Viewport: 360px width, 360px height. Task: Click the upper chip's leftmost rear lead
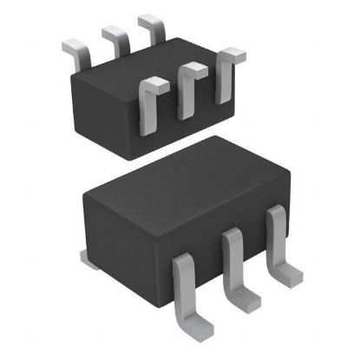[x=76, y=51]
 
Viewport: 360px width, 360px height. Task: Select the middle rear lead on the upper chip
[x=115, y=39]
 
